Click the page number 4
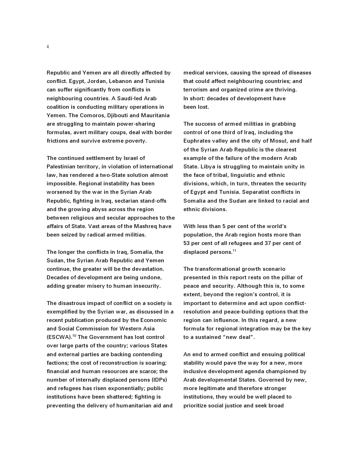pos(48,47)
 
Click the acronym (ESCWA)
pos(59,337)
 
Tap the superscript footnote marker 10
pos(74,336)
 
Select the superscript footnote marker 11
pos(234,251)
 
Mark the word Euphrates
pos(197,141)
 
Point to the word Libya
pos(208,167)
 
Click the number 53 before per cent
pos(187,243)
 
